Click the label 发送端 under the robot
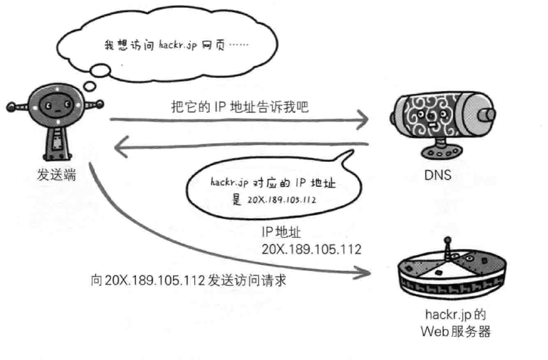53,176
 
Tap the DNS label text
440,176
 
